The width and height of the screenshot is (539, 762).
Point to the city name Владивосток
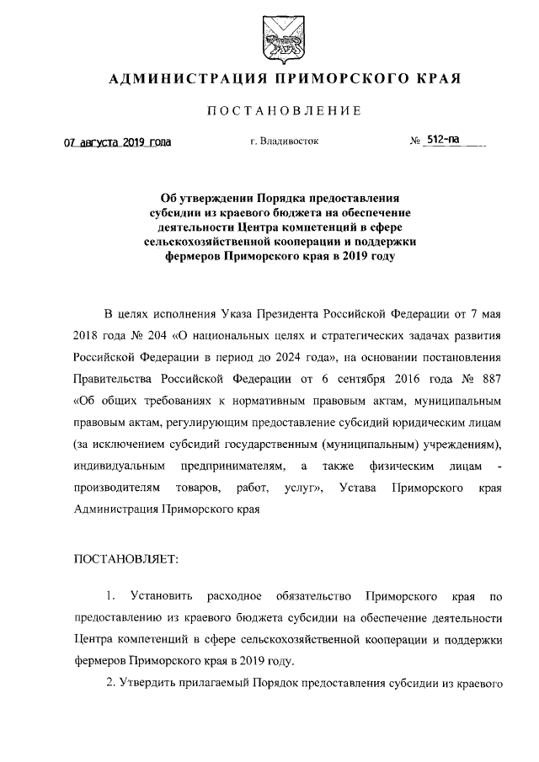(289, 142)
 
